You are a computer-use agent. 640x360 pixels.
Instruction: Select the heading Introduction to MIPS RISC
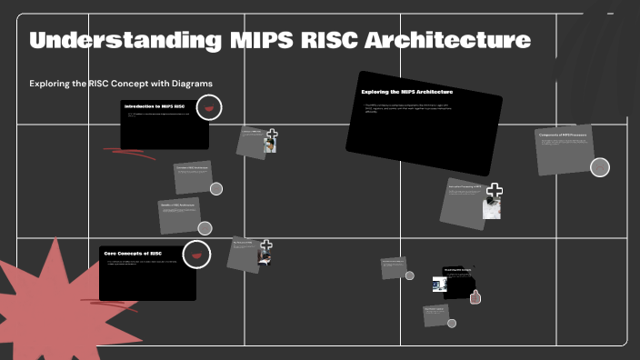point(155,106)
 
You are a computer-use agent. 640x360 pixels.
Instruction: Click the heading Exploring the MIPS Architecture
point(407,92)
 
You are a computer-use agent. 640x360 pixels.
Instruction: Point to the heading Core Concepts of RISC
point(133,253)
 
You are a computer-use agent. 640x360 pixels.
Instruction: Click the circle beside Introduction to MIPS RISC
point(209,108)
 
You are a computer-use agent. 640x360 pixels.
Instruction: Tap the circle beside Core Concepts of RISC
point(196,255)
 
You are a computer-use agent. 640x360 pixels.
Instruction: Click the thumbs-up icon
point(475,295)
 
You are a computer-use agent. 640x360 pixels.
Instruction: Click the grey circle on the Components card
point(600,167)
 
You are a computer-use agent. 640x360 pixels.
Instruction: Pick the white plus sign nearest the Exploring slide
point(495,191)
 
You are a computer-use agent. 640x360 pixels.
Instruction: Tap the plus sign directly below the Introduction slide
point(271,135)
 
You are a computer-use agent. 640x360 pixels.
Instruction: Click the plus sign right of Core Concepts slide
point(266,245)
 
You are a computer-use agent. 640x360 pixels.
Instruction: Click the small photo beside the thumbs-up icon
point(439,285)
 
